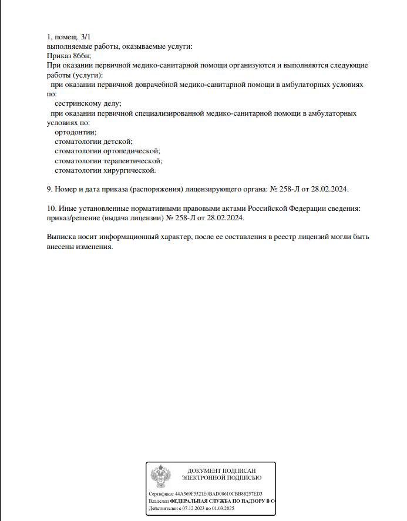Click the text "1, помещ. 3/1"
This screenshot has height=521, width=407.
pyautogui.click(x=69, y=37)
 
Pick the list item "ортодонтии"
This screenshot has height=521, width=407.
pyautogui.click(x=76, y=133)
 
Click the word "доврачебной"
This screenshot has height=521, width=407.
pyautogui.click(x=154, y=85)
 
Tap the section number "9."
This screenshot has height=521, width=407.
pyautogui.click(x=50, y=190)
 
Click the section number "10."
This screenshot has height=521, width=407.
pyautogui.click(x=52, y=209)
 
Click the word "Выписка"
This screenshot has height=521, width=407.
pyautogui.click(x=62, y=237)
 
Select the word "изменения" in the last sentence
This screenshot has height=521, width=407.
pyautogui.click(x=93, y=247)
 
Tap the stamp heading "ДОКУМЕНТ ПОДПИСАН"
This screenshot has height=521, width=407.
pyautogui.click(x=221, y=472)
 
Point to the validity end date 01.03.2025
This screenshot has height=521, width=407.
pyautogui.click(x=223, y=508)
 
